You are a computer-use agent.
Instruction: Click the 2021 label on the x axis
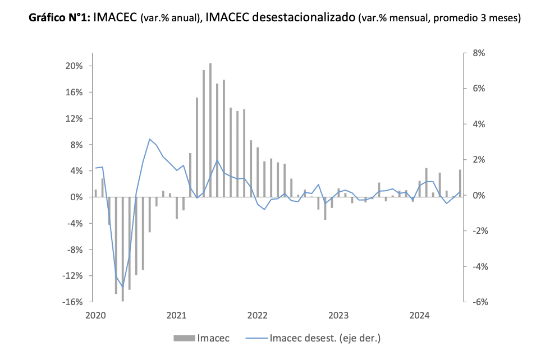click(x=176, y=315)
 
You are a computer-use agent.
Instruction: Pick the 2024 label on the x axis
click(x=419, y=315)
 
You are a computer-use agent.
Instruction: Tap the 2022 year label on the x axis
click(x=257, y=315)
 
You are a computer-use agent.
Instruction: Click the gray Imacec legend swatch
click(x=182, y=338)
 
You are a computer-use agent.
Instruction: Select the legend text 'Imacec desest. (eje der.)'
click(x=326, y=338)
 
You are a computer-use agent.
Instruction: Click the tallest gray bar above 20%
click(x=210, y=129)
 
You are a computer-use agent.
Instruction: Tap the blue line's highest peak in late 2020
click(x=150, y=139)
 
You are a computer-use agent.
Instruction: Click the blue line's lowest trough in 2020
click(x=123, y=287)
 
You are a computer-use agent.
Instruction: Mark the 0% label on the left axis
click(x=76, y=197)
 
